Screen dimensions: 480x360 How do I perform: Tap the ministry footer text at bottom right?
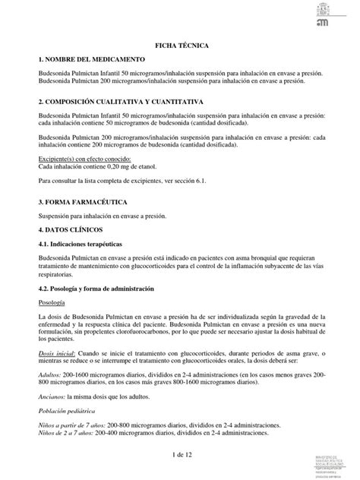(x=336, y=464)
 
